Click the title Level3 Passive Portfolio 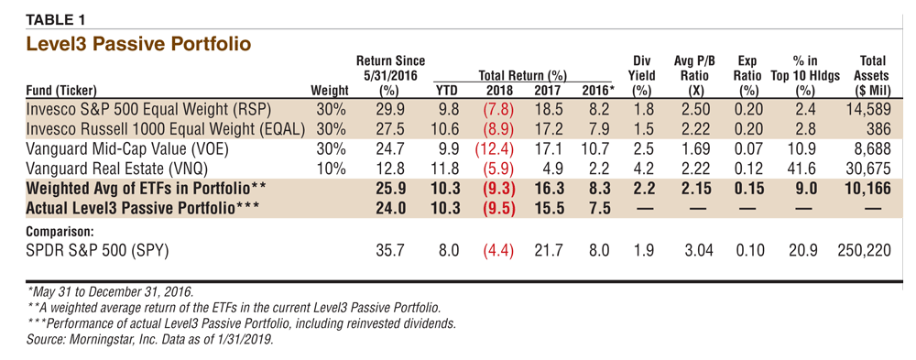point(139,44)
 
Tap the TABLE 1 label point(56,19)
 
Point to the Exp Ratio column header point(747,75)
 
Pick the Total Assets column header point(873,75)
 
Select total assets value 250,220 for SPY point(864,251)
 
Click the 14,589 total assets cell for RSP point(868,109)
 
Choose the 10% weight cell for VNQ point(331,169)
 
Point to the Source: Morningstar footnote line point(149,339)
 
